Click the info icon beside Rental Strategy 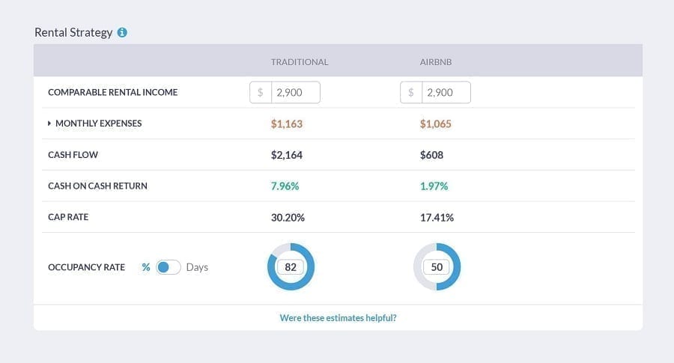click(122, 33)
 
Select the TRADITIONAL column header click(300, 62)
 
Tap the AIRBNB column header click(436, 62)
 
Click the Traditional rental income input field click(295, 93)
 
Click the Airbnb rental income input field click(446, 93)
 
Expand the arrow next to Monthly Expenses click(49, 123)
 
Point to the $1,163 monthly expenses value click(287, 123)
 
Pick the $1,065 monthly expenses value click(436, 123)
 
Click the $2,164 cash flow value click(287, 155)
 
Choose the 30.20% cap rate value click(288, 217)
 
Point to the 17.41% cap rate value click(437, 217)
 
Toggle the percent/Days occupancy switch click(168, 267)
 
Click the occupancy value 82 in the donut click(291, 267)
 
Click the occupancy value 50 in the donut click(437, 267)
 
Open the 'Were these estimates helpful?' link click(338, 318)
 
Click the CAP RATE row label click(68, 217)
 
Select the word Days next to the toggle click(197, 267)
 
